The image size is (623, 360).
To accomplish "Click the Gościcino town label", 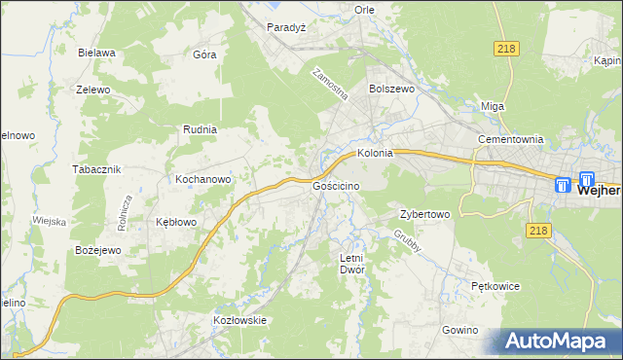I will click(x=337, y=185).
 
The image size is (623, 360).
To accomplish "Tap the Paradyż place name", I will click(x=287, y=27).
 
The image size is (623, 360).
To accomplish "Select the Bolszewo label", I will click(x=392, y=88).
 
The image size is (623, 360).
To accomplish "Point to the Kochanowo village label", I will click(x=202, y=180).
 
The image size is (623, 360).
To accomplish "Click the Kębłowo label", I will click(x=177, y=222).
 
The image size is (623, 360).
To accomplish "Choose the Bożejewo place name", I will click(x=97, y=250).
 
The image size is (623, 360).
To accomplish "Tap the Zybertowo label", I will click(x=424, y=214).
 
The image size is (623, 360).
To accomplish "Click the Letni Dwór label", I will click(x=350, y=264).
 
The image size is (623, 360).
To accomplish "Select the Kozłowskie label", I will click(x=239, y=319).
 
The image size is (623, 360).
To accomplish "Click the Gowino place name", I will click(x=460, y=330).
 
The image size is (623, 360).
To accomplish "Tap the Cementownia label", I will click(x=510, y=139).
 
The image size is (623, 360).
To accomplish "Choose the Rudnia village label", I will click(x=200, y=128).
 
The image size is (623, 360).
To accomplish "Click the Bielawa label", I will click(x=98, y=53).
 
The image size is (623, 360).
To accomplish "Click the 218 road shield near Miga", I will click(x=505, y=50).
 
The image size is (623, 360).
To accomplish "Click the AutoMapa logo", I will click(x=558, y=341).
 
